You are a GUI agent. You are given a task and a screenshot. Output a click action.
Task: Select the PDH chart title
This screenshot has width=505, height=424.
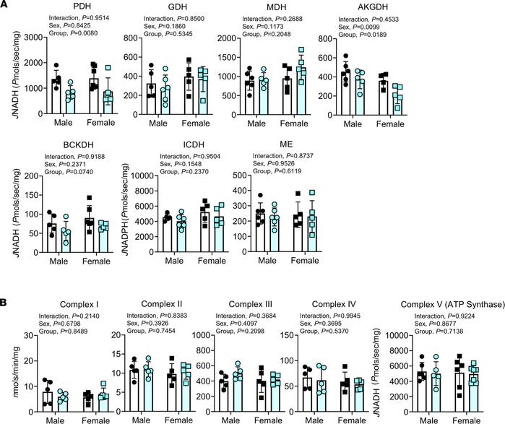pyautogui.click(x=72, y=7)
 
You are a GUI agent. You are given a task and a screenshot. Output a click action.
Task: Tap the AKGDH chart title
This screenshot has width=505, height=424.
pyautogui.click(x=337, y=7)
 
